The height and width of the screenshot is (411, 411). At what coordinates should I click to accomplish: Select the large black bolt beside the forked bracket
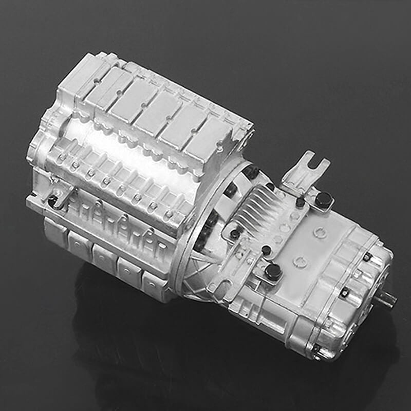click(323, 199)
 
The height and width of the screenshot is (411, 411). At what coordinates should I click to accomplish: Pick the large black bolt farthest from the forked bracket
click(273, 271)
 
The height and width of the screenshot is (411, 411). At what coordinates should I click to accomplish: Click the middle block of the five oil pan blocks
click(105, 257)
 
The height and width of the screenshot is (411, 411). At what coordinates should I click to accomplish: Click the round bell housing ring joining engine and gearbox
click(206, 231)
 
